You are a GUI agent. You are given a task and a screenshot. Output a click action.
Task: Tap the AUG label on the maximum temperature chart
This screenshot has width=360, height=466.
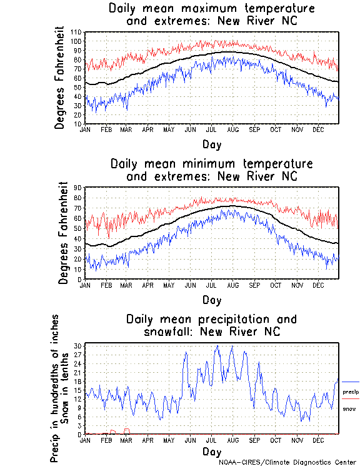(232, 129)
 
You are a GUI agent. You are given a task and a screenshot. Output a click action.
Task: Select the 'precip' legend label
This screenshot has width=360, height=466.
(350, 391)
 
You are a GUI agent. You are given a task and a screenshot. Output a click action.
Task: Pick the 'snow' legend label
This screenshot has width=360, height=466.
(349, 408)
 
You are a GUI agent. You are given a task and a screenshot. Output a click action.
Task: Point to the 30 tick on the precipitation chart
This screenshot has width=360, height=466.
(79, 346)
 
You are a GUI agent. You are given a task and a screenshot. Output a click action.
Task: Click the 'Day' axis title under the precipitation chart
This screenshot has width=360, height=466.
(211, 451)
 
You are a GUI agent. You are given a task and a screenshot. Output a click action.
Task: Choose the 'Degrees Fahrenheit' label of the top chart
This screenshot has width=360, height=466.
(60, 78)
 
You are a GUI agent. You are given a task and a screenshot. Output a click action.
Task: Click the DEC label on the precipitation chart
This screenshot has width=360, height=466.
(318, 440)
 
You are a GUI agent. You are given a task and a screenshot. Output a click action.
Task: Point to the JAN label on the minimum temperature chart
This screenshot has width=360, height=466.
(86, 285)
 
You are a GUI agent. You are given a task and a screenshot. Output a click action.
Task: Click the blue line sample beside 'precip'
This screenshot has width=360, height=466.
(351, 382)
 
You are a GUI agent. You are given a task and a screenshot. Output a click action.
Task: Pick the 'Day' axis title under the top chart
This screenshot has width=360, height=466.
(211, 144)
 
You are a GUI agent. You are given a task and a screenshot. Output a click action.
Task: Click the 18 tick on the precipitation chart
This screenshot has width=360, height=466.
(79, 381)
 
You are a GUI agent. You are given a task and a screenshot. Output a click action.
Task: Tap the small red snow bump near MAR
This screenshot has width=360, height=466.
(127, 430)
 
